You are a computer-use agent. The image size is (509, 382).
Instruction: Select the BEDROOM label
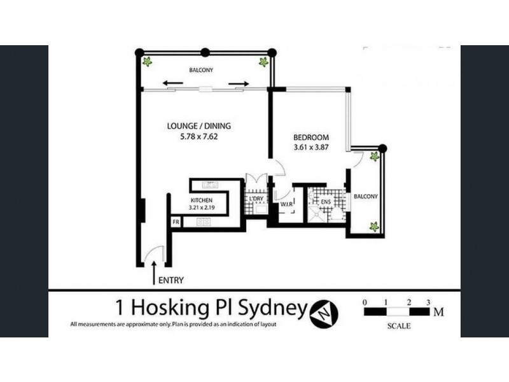click(310, 138)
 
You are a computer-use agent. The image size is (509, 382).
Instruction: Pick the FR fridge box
click(176, 222)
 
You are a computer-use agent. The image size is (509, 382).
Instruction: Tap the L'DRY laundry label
click(256, 200)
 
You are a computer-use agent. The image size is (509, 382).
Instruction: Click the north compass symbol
click(324, 312)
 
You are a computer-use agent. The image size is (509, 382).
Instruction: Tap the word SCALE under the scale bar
click(398, 326)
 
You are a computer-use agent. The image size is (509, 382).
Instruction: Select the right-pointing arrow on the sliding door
click(239, 83)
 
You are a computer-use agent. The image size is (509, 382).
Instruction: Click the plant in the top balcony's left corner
click(148, 62)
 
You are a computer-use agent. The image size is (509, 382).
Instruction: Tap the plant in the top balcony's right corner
click(262, 62)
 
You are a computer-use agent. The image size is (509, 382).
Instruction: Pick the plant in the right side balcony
click(373, 226)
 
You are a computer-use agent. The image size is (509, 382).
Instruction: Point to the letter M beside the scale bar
click(438, 312)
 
